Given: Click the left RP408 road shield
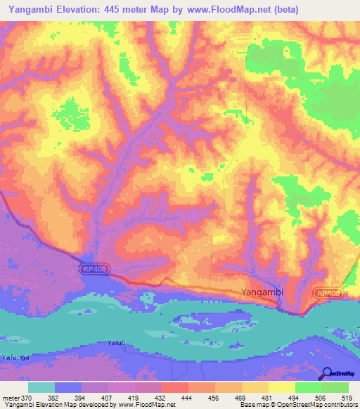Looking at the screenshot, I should click(95, 268).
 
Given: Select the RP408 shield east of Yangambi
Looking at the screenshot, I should click(328, 293).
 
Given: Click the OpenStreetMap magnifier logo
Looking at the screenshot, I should click(327, 374).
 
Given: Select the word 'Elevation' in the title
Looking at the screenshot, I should click(75, 10).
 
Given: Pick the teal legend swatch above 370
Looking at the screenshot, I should click(41, 387).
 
